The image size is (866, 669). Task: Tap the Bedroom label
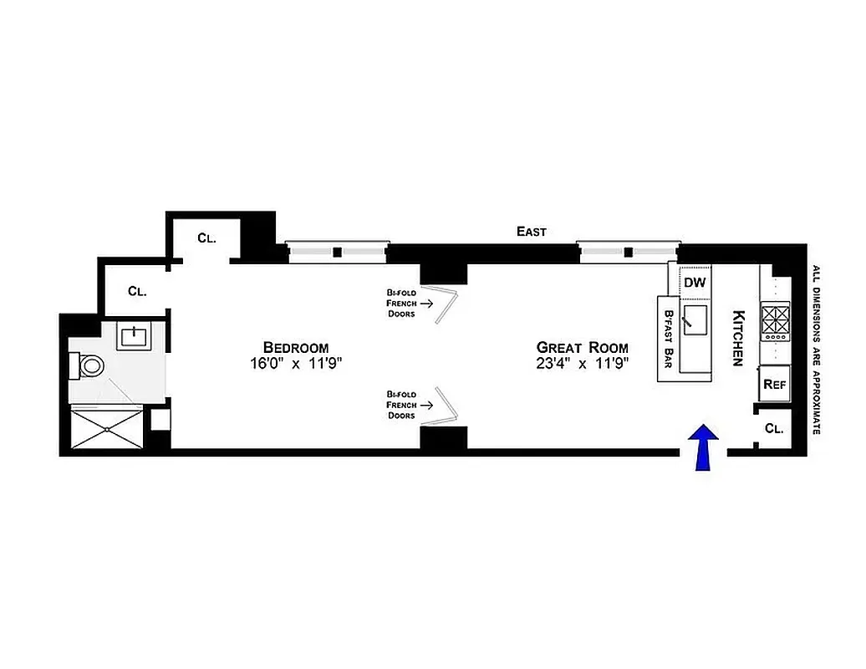coord(295,347)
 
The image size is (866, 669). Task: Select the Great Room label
coord(582,347)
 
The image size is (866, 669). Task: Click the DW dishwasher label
coord(695,282)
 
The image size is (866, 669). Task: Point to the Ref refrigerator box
coord(774,386)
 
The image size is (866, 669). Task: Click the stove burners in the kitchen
coord(774,320)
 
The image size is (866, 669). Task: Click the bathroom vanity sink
coord(134,337)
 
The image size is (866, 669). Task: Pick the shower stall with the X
coord(107,427)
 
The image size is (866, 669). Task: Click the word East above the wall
coord(531,232)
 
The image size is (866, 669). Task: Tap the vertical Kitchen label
coord(738,338)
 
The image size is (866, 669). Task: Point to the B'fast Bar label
coord(668,338)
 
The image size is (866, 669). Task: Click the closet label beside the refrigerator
coord(774,429)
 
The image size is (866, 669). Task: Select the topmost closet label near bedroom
coord(206,237)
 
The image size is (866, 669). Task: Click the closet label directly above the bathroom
coord(138,291)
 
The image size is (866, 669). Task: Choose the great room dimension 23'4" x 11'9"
coord(582,363)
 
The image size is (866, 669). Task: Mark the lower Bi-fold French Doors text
coord(401,404)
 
